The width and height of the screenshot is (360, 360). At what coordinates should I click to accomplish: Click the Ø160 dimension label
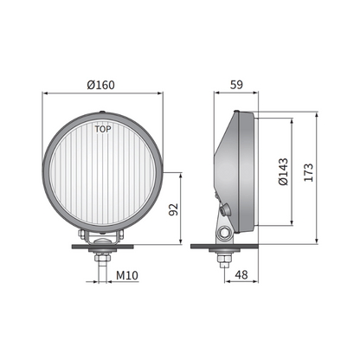pos(102,85)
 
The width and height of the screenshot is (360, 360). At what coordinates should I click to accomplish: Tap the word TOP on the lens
pos(102,130)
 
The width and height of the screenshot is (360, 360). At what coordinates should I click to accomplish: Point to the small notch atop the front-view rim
pos(102,110)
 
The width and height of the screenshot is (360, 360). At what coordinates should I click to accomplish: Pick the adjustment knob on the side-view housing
pos(227,209)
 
